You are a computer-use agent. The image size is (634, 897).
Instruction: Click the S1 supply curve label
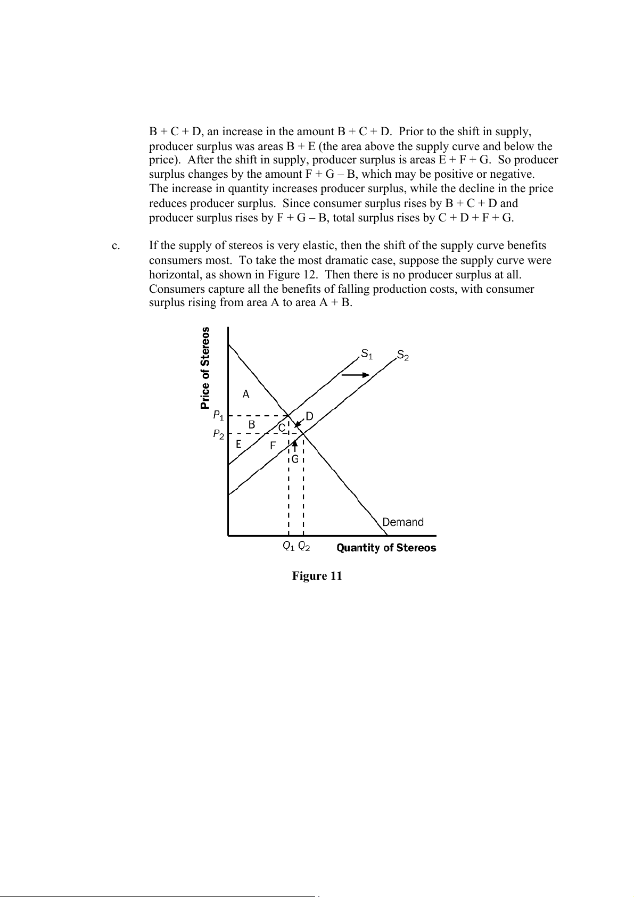click(x=367, y=353)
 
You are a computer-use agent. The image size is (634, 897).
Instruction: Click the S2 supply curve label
click(x=403, y=356)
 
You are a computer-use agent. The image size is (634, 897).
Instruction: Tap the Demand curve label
click(x=403, y=522)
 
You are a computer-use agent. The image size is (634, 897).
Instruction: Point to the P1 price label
click(x=218, y=414)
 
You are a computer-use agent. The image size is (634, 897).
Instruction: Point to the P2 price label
click(x=218, y=434)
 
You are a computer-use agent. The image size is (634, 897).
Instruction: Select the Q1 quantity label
click(x=289, y=546)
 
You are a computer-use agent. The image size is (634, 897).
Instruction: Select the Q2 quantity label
click(x=304, y=546)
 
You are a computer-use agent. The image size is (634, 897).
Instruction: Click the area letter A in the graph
click(x=246, y=394)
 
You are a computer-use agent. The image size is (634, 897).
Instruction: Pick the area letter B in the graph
click(x=252, y=424)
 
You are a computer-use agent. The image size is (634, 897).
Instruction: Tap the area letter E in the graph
click(x=238, y=443)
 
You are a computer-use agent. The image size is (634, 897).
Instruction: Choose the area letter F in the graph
click(x=273, y=446)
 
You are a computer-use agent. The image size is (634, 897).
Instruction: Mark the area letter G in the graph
click(x=294, y=459)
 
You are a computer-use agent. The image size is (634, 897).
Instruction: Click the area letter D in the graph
click(x=309, y=416)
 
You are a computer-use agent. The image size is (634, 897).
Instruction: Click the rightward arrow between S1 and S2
click(x=355, y=375)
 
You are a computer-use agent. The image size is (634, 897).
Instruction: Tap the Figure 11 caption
click(x=317, y=576)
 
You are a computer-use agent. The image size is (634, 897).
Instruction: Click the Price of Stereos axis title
click(x=205, y=368)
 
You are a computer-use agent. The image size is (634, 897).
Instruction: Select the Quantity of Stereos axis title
click(x=386, y=548)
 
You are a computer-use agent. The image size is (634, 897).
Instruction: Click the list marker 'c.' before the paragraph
click(x=116, y=246)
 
